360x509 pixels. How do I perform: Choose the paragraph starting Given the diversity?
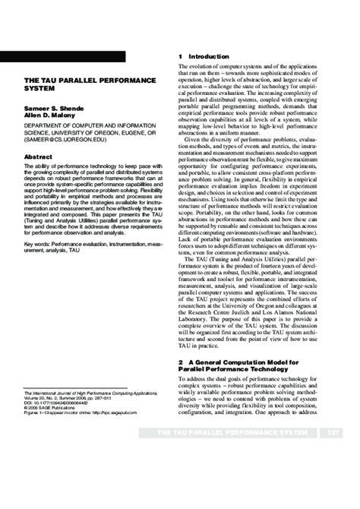[x=257, y=197]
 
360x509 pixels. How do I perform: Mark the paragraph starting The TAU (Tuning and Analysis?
[x=257, y=304]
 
